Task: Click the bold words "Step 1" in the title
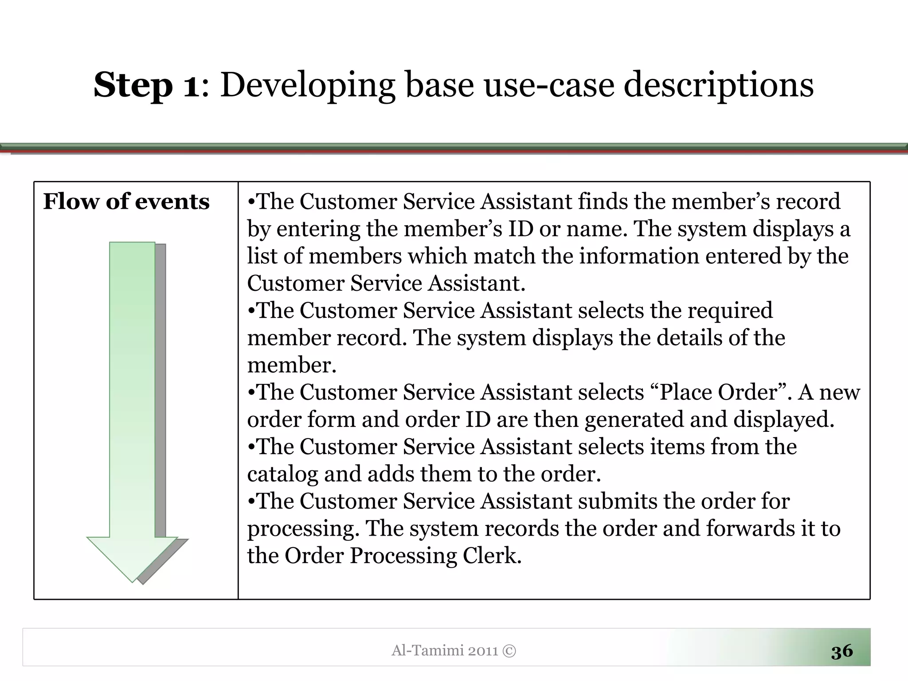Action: coord(146,85)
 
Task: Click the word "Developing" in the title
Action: coord(307,85)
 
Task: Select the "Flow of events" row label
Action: coord(126,202)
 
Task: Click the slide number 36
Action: coord(841,651)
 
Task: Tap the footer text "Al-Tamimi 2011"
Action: coord(445,650)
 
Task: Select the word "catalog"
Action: coord(282,474)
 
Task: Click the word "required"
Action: coord(730,311)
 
